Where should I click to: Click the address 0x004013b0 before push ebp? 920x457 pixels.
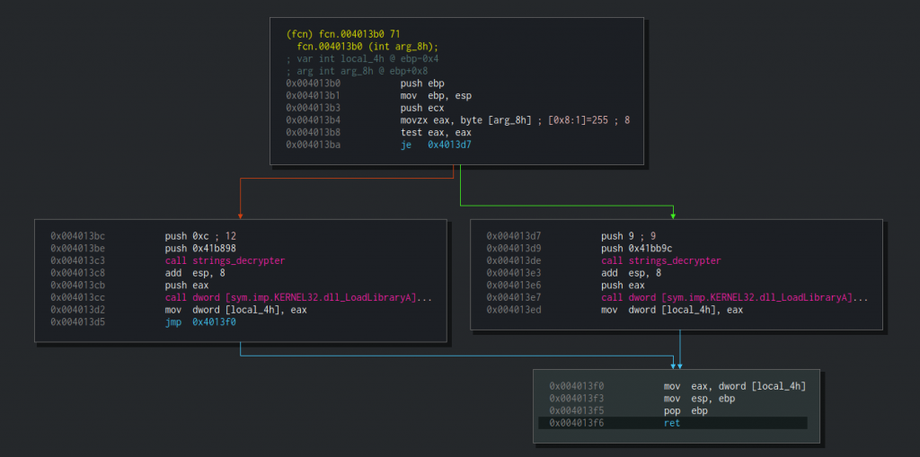pyautogui.click(x=311, y=83)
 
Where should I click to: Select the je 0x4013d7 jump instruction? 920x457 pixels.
pyautogui.click(x=436, y=145)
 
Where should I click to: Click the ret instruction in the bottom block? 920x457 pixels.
pyautogui.click(x=672, y=423)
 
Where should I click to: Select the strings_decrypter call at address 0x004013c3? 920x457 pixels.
pyautogui.click(x=225, y=260)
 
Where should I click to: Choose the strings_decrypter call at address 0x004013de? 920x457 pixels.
pyautogui.click(x=661, y=260)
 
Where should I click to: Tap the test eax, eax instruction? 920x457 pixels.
pyautogui.click(x=428, y=133)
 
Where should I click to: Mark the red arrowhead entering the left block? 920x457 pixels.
pyautogui.click(x=241, y=215)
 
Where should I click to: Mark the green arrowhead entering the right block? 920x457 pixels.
pyautogui.click(x=673, y=215)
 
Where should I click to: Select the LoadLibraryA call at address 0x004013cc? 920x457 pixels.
pyautogui.click(x=298, y=297)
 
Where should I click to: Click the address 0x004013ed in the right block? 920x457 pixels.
pyautogui.click(x=511, y=310)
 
